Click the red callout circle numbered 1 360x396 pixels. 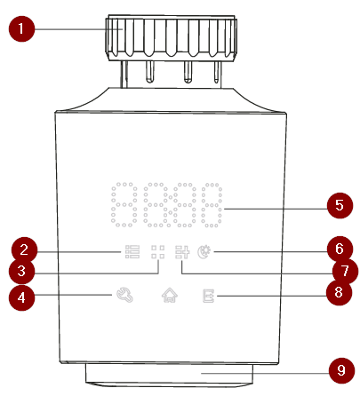(x=21, y=28)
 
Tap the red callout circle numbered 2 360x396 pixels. (x=24, y=250)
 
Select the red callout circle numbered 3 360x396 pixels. (x=21, y=271)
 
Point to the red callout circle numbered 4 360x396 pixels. (x=21, y=297)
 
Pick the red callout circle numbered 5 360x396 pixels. (x=340, y=205)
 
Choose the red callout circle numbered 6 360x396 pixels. (x=340, y=249)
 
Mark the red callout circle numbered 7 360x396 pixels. (x=345, y=271)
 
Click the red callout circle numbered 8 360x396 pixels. (x=339, y=292)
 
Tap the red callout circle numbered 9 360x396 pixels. (x=341, y=370)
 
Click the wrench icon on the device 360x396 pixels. (x=124, y=295)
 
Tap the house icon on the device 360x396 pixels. (x=170, y=295)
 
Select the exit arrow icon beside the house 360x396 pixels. (x=209, y=296)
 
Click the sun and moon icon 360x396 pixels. (x=204, y=252)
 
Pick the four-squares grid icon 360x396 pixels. (x=158, y=252)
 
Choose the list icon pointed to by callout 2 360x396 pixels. (x=132, y=252)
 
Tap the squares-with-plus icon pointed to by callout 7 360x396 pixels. (x=182, y=252)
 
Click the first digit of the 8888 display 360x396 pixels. (x=124, y=204)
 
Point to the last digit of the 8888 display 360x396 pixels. (x=212, y=205)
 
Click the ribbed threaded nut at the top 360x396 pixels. (x=171, y=37)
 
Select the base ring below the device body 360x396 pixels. (x=169, y=375)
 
